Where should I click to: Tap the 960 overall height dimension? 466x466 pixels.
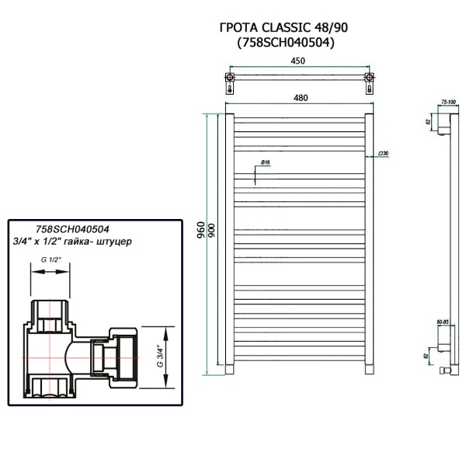point(201,230)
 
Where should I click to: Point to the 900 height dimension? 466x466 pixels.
point(211,231)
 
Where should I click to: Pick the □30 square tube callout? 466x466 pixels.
point(383,154)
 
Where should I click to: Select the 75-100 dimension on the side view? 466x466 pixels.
point(448,102)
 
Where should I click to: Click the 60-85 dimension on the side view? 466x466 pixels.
point(444,319)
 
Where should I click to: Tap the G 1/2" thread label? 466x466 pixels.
point(50,260)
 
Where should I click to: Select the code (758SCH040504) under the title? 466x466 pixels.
point(285,43)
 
